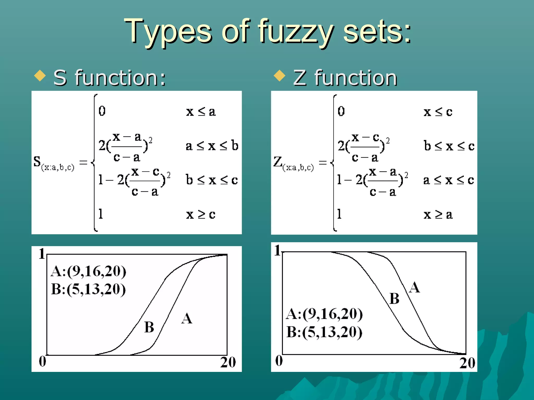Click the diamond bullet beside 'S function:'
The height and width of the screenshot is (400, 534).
tap(40, 76)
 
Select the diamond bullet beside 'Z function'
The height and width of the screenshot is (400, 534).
tap(280, 76)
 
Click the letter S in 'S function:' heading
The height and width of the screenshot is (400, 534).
tap(60, 78)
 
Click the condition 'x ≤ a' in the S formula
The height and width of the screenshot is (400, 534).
tap(201, 112)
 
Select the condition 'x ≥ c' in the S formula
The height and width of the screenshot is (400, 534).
tap(201, 214)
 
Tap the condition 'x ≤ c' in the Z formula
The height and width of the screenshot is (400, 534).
tap(438, 112)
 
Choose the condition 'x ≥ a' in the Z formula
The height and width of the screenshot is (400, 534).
tap(438, 215)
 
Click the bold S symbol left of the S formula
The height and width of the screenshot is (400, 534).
tap(37, 161)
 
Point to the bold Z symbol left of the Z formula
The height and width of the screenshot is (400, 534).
tap(278, 161)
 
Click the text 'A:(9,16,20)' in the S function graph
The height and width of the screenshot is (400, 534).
tap(88, 271)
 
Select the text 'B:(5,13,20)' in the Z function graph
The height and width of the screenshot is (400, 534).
tap(324, 332)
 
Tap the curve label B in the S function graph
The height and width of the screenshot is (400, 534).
tap(149, 327)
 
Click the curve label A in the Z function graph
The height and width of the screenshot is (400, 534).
tap(414, 288)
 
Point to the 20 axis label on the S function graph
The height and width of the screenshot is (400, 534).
tap(228, 362)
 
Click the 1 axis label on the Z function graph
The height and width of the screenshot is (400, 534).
tap(277, 250)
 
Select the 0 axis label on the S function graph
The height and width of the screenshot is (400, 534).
tap(43, 361)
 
